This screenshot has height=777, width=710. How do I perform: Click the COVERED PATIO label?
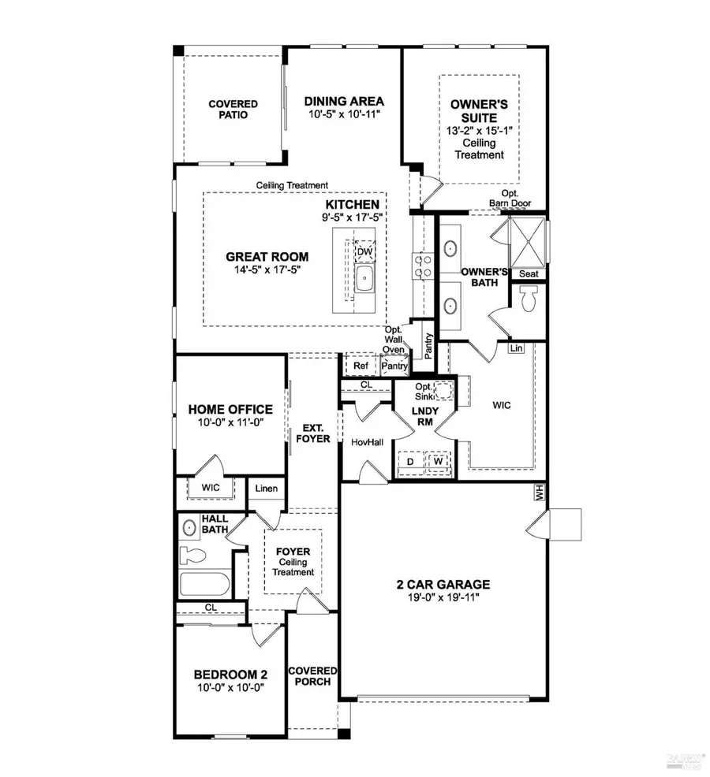(x=233, y=109)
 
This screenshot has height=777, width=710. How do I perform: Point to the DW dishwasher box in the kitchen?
(x=364, y=251)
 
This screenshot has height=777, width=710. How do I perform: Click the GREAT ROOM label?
(x=267, y=257)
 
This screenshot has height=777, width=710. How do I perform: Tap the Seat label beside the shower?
(x=527, y=273)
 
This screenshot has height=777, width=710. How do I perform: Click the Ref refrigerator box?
(x=361, y=366)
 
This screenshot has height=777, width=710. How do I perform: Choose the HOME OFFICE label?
(x=230, y=410)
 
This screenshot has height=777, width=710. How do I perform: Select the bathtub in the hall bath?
(x=203, y=584)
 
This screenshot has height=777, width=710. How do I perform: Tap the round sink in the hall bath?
(x=189, y=527)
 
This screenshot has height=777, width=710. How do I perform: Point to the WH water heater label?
(x=540, y=493)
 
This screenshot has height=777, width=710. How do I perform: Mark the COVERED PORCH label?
(x=313, y=676)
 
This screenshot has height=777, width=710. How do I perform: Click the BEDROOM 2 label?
(x=231, y=675)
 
